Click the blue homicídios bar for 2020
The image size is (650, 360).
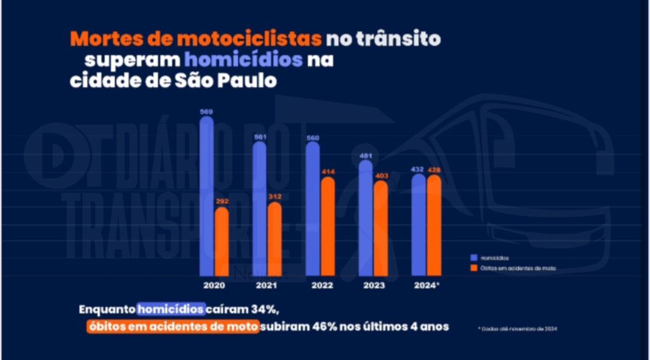tap(207, 197)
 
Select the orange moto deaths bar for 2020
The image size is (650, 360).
tap(222, 241)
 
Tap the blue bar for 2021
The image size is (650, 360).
tap(260, 210)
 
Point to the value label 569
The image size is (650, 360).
tap(206, 112)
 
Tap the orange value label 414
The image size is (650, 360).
tap(328, 172)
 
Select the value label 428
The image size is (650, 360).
tap(434, 170)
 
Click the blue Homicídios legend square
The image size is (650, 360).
tap(473, 258)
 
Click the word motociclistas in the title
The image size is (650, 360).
tap(258, 39)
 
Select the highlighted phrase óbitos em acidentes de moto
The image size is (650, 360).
tap(173, 327)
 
